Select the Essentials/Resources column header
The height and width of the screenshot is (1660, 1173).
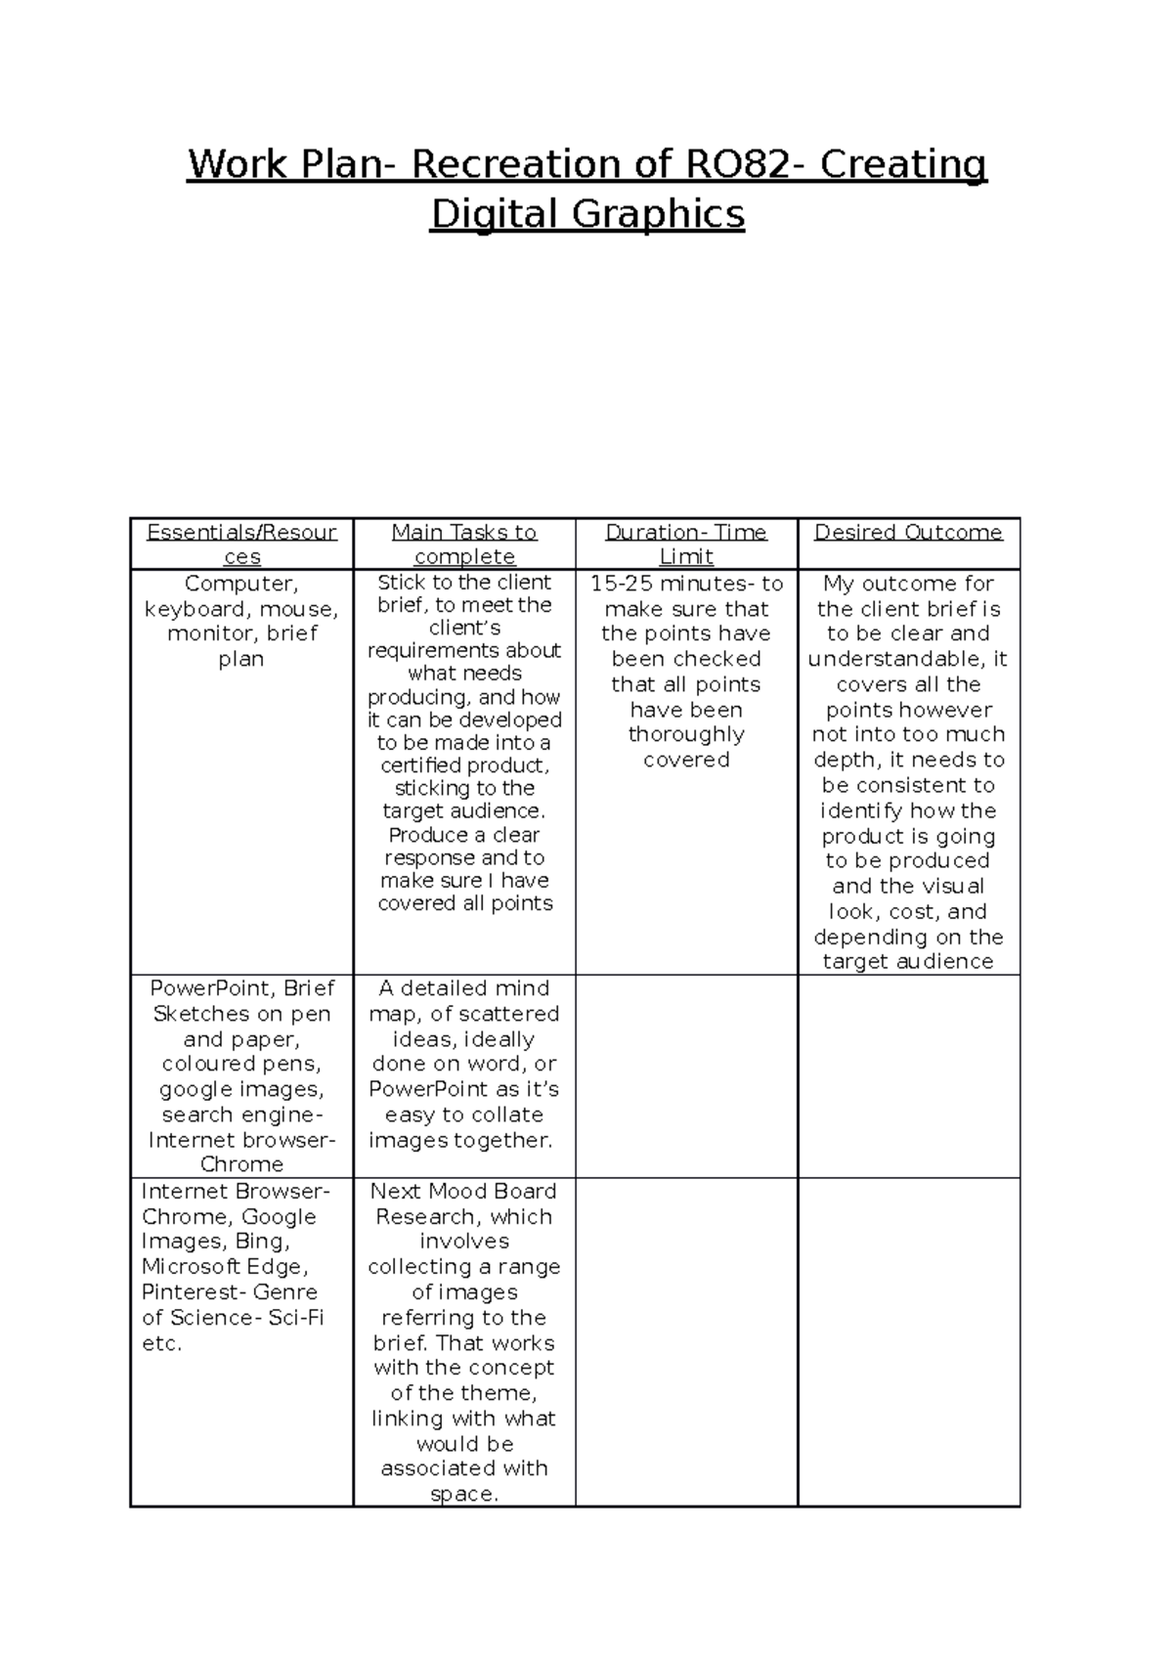[x=241, y=544]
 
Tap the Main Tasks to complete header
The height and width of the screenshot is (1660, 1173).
[x=464, y=544]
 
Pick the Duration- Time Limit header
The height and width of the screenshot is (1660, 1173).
[x=686, y=544]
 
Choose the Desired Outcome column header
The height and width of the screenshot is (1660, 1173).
[x=908, y=533]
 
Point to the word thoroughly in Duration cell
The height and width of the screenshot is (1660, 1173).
[x=686, y=734]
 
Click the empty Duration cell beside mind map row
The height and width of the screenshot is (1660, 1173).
[x=686, y=1075]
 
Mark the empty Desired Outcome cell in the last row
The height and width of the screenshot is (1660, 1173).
[x=908, y=1341]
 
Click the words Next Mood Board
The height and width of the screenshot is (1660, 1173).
[x=463, y=1192]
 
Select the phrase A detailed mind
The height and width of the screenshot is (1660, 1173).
[x=464, y=988]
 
